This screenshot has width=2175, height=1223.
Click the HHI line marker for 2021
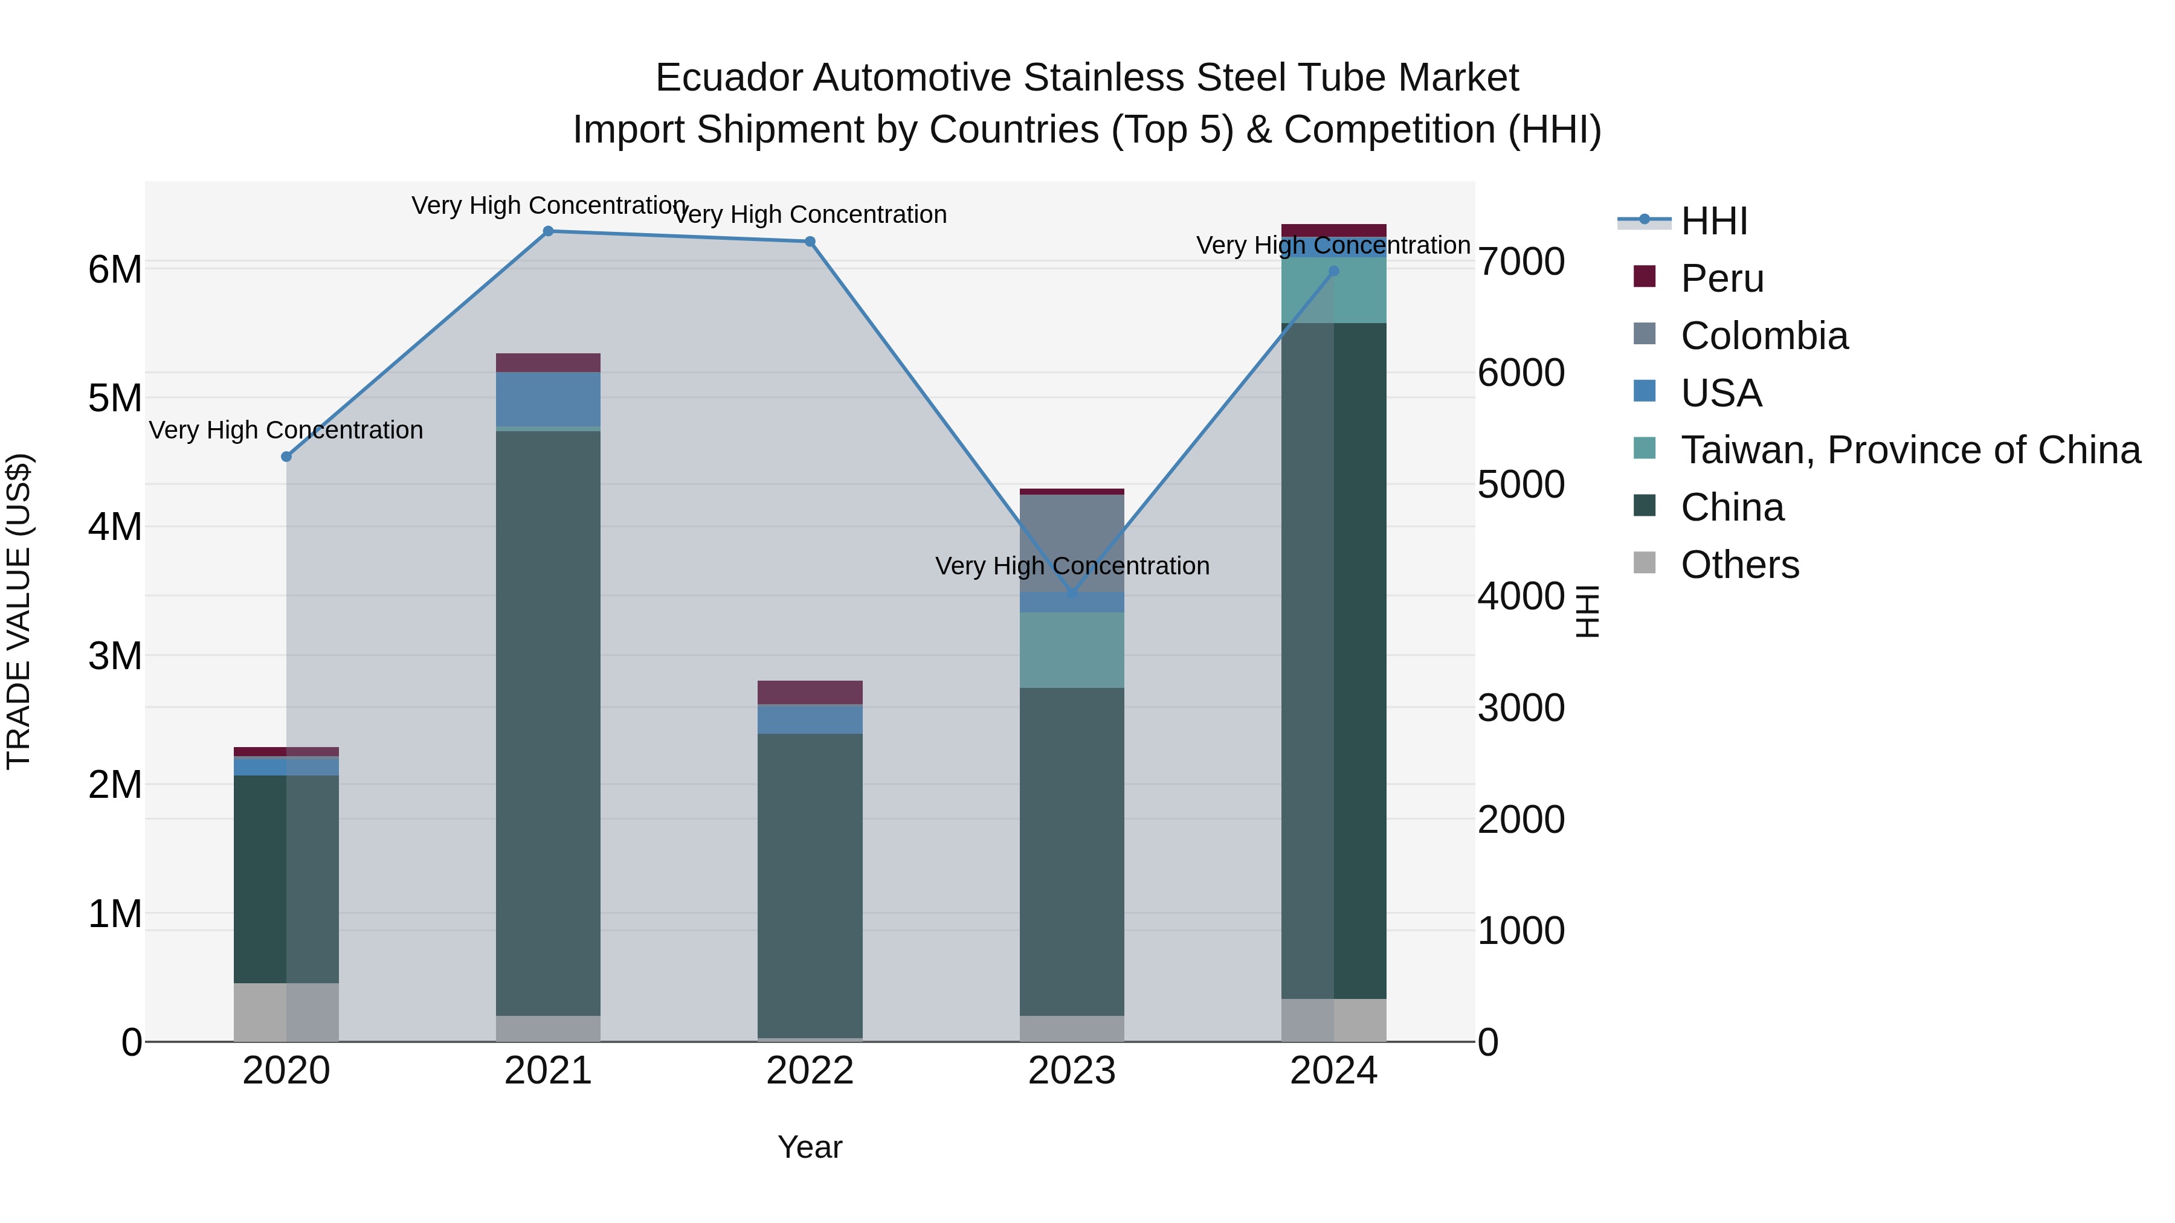(548, 231)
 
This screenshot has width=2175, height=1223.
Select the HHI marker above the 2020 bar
(286, 457)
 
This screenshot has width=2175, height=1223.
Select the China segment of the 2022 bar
(810, 886)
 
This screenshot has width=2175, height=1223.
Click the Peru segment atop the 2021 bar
(548, 363)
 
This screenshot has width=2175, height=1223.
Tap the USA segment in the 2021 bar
(548, 399)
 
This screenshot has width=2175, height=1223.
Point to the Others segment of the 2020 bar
(286, 1012)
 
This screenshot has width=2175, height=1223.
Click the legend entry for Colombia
(1763, 336)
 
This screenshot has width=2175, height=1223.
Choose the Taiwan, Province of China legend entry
(1910, 450)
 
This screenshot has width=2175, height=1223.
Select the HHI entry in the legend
(1713, 221)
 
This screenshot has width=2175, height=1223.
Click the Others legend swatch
(1644, 563)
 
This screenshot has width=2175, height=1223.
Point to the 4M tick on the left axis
(115, 527)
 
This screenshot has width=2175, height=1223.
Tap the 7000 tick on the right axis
(1521, 262)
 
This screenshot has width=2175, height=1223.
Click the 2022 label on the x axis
(810, 1071)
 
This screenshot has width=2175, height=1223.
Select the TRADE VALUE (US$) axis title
(19, 611)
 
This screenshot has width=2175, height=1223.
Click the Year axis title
(810, 1147)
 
